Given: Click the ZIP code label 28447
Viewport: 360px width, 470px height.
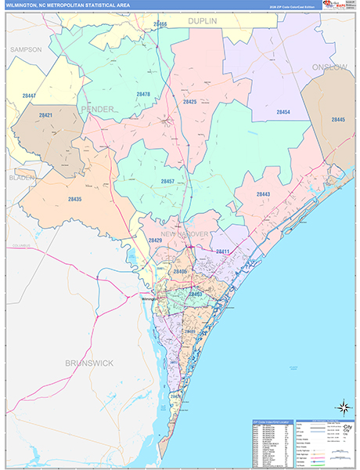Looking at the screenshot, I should [x=29, y=96].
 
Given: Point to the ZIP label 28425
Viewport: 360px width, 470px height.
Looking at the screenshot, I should [x=189, y=102].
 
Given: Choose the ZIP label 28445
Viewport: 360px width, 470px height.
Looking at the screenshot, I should [x=338, y=119].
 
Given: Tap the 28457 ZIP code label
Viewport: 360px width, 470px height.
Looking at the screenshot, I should [x=167, y=181].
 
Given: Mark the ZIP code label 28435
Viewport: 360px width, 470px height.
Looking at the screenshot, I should [x=74, y=200].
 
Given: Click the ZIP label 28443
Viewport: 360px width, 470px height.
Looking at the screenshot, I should [x=263, y=193].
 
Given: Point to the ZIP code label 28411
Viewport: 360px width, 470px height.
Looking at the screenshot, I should [x=222, y=251].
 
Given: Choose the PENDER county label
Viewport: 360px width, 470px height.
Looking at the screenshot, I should [x=97, y=109].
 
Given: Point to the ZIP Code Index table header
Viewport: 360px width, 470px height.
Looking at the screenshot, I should [x=271, y=422].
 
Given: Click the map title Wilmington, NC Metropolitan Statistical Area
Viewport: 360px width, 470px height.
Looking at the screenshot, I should [x=69, y=5].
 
